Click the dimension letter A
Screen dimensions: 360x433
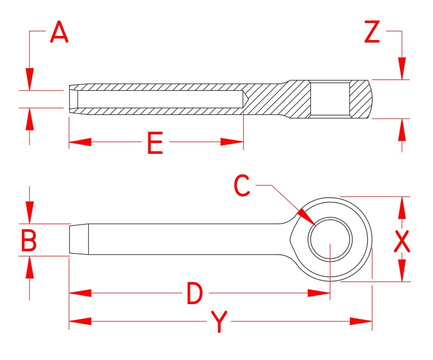click(60, 34)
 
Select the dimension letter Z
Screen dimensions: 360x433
click(371, 33)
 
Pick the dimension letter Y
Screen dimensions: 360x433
click(219, 322)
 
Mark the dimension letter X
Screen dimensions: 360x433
click(402, 241)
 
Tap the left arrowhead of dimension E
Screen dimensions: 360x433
click(80, 142)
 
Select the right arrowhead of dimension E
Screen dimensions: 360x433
click(232, 142)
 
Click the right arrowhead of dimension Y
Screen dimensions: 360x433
click(361, 321)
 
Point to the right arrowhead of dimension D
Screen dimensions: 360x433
click(319, 293)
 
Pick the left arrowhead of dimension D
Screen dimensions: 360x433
click(80, 293)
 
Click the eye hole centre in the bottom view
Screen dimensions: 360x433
click(330, 239)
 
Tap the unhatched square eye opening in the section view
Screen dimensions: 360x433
click(330, 98)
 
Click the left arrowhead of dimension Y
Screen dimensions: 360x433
click(80, 321)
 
